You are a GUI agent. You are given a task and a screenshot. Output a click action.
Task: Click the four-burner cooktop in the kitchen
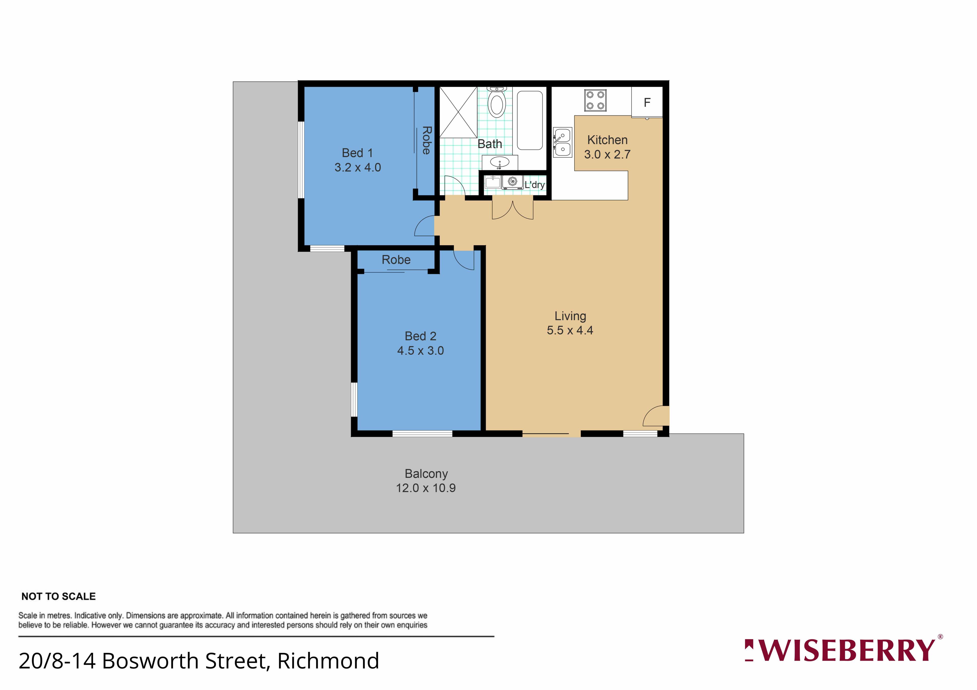tap(595, 100)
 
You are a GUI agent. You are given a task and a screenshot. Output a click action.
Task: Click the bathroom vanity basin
tap(499, 162)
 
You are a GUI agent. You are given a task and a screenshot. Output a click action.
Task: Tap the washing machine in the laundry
tap(512, 182)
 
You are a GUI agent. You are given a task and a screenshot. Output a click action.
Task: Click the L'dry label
tap(535, 185)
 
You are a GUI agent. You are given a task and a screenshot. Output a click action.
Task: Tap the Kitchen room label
tap(607, 140)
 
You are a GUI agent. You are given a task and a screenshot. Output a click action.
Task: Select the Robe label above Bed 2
tap(396, 260)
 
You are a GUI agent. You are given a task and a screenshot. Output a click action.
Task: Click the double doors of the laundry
tap(513, 208)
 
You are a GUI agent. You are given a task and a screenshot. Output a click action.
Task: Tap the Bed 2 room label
tap(420, 336)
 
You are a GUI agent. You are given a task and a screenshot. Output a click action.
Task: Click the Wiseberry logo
tap(843, 650)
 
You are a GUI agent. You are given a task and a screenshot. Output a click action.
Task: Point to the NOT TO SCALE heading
tap(59, 596)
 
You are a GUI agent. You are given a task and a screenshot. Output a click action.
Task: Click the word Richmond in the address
tap(328, 661)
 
